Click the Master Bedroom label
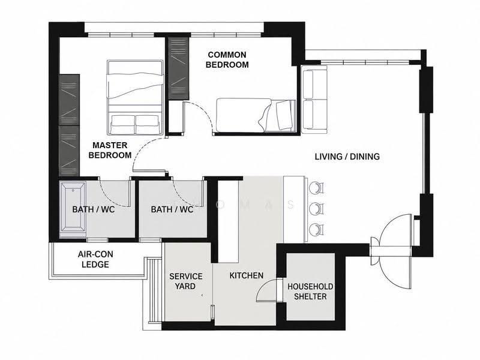click(110, 150)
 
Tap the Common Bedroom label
click(227, 59)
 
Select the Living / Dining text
click(347, 157)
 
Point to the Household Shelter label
click(310, 292)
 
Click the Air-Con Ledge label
click(95, 259)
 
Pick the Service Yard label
click(186, 281)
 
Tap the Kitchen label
click(247, 275)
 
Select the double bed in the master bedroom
click(134, 97)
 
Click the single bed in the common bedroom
click(256, 115)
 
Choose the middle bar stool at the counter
click(316, 209)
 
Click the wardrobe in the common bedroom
click(178, 68)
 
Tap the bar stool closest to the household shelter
click(316, 230)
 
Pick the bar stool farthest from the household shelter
click(316, 188)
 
